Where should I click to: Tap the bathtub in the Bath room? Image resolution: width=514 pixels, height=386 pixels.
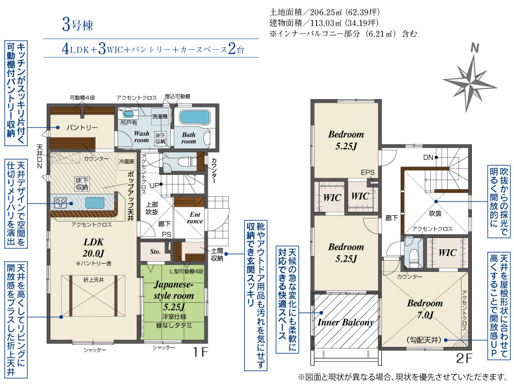tap(194, 117)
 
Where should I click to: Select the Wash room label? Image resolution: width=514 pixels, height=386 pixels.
tap(142, 137)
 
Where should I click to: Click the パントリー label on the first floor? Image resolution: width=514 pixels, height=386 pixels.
tap(82, 127)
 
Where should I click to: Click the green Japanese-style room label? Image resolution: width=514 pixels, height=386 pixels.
tap(174, 295)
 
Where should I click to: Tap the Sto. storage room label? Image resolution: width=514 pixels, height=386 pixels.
tap(155, 252)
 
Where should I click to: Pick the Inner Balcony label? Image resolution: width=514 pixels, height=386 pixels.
tap(345, 322)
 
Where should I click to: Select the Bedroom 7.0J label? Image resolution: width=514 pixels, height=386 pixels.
tap(425, 309)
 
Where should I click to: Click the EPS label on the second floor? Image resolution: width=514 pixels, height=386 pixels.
tap(368, 172)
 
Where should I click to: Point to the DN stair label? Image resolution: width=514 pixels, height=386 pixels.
tap(428, 158)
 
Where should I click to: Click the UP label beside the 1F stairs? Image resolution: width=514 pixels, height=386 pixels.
tap(154, 186)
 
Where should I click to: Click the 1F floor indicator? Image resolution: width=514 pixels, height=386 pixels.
tap(200, 352)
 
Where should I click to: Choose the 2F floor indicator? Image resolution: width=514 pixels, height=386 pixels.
tap(464, 358)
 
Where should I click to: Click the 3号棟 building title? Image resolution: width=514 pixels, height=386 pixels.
tap(78, 25)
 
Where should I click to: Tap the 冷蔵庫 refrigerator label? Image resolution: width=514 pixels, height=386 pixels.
tap(126, 161)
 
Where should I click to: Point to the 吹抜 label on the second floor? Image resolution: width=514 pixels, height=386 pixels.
tap(435, 214)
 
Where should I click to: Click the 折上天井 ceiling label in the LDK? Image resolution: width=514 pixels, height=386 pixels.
tap(94, 280)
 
